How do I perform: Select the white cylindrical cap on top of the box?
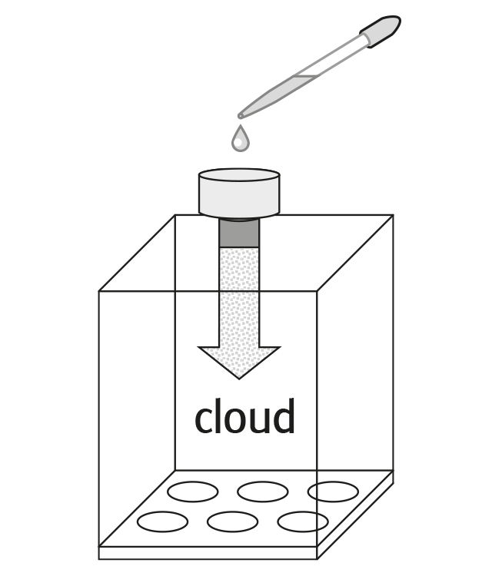point(238,193)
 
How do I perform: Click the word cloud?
point(244,418)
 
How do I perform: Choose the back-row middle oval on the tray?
point(263,491)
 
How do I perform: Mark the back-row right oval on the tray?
point(333,491)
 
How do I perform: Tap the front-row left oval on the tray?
point(162,521)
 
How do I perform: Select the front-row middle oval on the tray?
point(233,521)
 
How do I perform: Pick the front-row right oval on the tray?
point(303,521)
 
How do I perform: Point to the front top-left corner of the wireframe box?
point(101,291)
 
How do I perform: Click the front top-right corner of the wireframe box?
point(318,291)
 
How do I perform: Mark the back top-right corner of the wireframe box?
point(393,216)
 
